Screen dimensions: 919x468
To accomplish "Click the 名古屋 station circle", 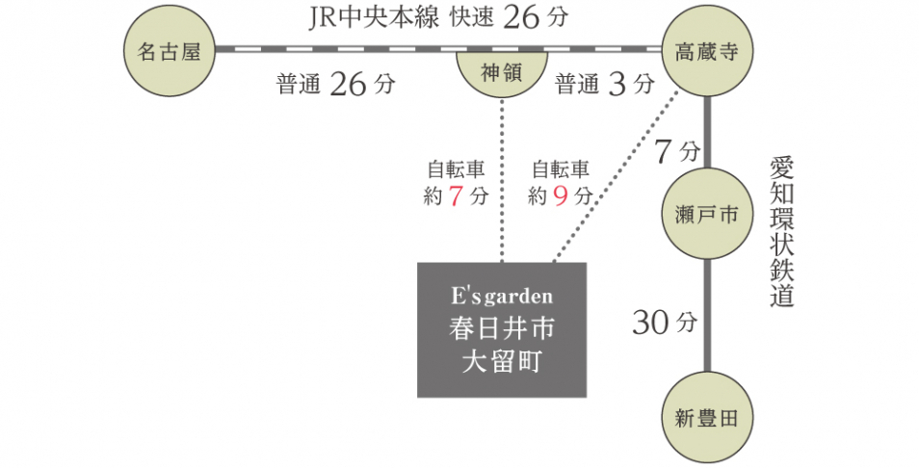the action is tap(170, 51).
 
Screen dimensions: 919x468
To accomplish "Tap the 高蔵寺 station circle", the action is tap(707, 51).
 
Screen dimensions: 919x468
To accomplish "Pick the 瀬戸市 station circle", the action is tap(707, 214).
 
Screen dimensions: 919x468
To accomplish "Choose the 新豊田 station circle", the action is tap(707, 418).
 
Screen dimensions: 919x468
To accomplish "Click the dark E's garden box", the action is tap(502, 329).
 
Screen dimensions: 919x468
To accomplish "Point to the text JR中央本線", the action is tap(373, 18).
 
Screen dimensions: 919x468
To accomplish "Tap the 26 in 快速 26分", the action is tap(520, 17).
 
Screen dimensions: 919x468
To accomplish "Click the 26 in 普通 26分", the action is tap(348, 85).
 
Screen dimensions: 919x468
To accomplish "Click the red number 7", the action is tap(457, 196).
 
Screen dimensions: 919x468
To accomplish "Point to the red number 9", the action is tap(561, 196).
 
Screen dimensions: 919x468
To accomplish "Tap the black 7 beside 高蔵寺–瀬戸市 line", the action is tap(663, 152).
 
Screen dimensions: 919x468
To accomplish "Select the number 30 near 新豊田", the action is tap(650, 323).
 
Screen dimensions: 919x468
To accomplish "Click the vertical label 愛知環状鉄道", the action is tap(781, 231).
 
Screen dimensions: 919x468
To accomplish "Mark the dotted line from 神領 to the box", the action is tap(502, 180).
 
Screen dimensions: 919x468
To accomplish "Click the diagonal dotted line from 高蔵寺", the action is tap(616, 175).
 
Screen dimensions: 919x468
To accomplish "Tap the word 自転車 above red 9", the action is tap(561, 169).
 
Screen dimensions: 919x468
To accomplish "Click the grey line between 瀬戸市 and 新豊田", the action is tap(707, 316).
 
